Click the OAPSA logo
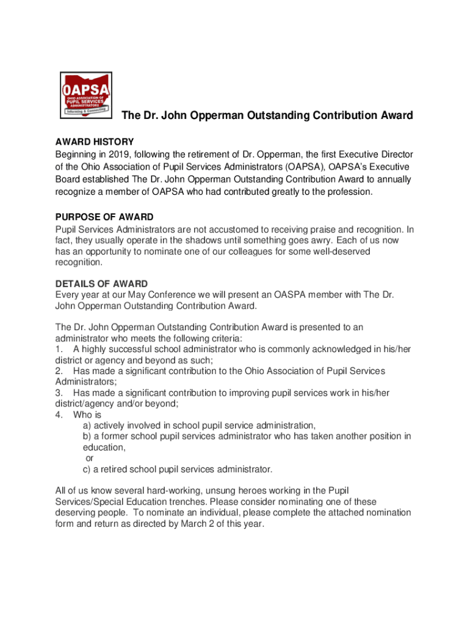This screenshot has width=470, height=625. click(86, 95)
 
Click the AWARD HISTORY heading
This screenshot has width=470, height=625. click(95, 142)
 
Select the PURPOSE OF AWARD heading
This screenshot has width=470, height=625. click(104, 217)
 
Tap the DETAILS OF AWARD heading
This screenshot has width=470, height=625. click(101, 284)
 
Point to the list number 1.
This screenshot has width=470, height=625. click(59, 349)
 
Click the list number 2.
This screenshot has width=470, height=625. click(59, 371)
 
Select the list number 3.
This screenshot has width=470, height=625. click(59, 393)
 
